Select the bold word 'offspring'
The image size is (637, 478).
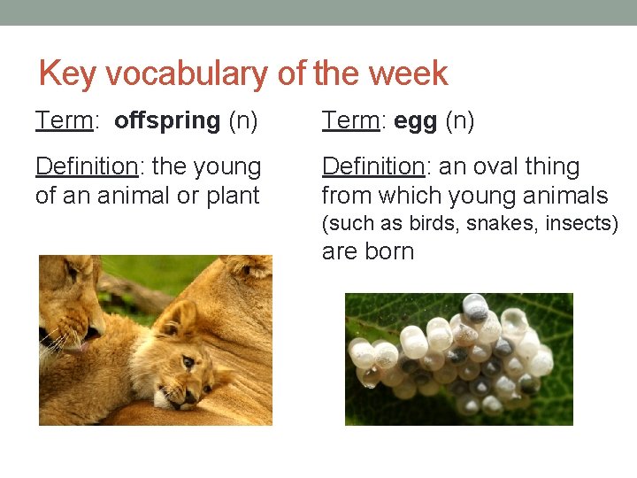(x=167, y=120)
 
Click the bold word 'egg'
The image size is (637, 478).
(x=415, y=120)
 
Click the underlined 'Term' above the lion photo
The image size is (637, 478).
(x=65, y=120)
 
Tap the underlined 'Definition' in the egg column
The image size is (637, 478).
(x=373, y=166)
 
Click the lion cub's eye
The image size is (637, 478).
(x=188, y=362)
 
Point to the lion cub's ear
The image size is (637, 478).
(x=185, y=318)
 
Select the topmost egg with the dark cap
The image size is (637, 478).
(x=475, y=307)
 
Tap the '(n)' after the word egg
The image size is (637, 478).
(x=459, y=120)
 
